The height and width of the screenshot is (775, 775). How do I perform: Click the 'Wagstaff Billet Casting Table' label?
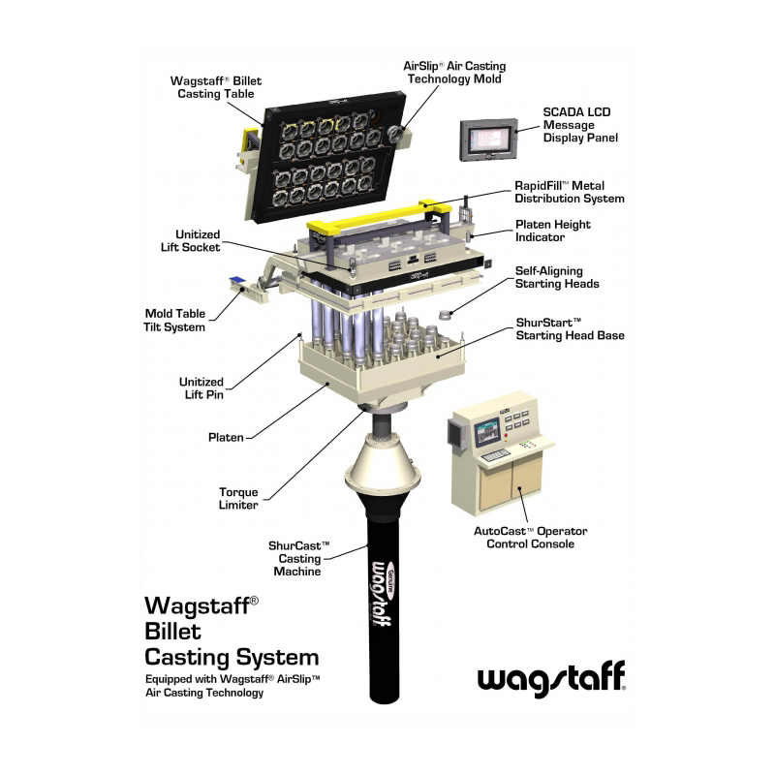(216, 87)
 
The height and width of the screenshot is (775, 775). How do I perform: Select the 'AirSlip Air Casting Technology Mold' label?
(454, 73)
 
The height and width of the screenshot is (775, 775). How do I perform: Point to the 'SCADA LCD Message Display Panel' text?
(580, 125)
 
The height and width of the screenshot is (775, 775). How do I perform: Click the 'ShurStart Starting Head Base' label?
(570, 328)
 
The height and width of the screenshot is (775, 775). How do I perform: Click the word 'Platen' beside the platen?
(226, 438)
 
